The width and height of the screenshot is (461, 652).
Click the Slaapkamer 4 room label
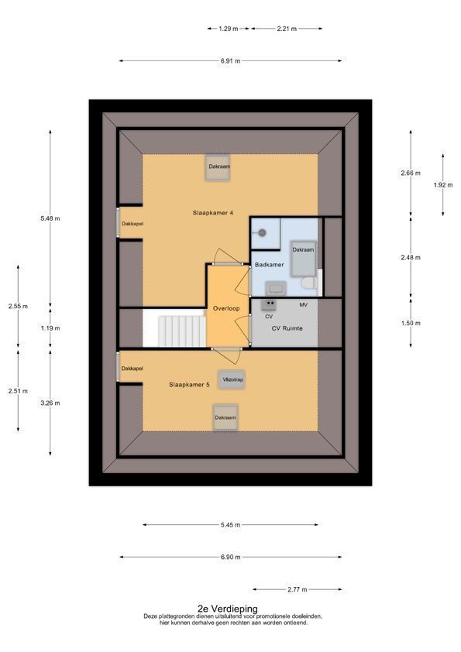212,213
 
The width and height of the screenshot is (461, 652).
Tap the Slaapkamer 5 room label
189,385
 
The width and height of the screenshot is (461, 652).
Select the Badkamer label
269,265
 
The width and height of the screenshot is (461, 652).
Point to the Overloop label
226,308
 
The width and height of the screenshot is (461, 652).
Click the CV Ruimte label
287,328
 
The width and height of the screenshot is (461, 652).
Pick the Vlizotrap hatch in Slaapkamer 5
232,379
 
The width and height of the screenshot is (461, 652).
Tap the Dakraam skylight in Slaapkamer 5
225,417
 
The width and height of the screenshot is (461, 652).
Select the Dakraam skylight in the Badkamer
303,258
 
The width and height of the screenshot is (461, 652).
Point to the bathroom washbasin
275,288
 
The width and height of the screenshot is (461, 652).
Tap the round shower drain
262,233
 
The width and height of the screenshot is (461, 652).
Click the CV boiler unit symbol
268,306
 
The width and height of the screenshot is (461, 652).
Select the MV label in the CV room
303,305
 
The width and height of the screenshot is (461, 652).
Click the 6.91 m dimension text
231,60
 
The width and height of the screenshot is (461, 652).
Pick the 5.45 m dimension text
231,525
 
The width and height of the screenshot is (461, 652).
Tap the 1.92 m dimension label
443,185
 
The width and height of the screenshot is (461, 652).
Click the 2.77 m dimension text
297,589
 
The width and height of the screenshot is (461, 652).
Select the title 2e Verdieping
228,609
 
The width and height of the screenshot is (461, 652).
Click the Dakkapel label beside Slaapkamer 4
132,224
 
